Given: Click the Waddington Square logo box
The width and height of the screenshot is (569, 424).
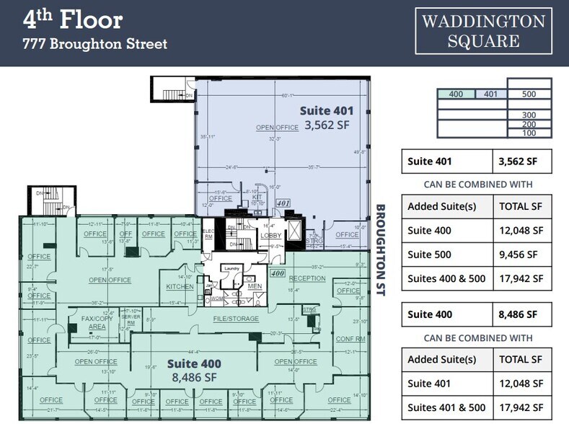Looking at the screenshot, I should point(482,30).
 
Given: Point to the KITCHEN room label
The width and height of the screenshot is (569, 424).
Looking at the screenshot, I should point(180,286).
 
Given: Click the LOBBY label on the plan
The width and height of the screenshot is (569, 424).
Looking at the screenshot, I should point(271,235).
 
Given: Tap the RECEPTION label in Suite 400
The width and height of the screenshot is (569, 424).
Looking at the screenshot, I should point(307,278).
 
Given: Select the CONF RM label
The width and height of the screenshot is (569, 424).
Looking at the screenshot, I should point(350,338).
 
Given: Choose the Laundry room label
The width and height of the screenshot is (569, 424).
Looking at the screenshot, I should point(231,269).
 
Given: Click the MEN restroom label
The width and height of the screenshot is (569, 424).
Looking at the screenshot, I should point(255,286).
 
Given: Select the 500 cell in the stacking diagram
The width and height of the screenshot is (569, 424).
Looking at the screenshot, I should point(529,94).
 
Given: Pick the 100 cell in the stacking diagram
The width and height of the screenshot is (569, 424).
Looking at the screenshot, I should point(529,133).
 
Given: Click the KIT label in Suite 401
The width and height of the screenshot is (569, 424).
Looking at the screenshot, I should point(256,196).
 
